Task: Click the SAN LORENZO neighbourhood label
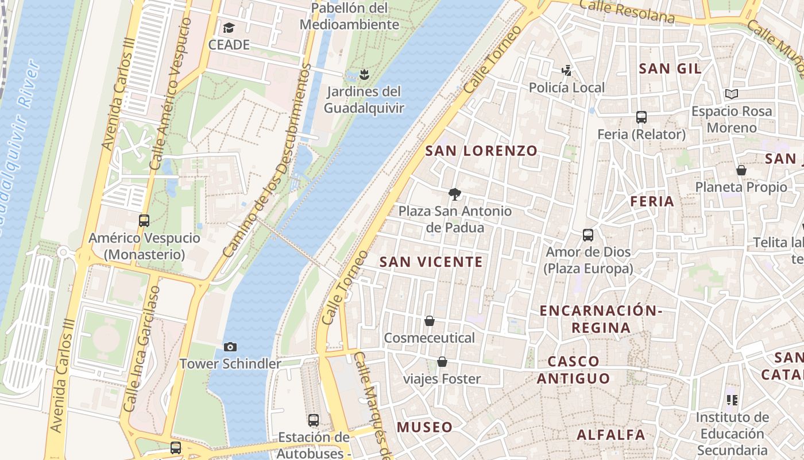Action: [481, 151]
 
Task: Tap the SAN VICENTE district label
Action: [431, 262]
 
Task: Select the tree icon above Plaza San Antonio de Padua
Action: [455, 194]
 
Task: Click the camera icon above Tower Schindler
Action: [230, 347]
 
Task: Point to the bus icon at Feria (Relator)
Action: [641, 117]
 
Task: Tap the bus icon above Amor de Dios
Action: [588, 235]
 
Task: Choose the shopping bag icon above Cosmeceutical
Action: [430, 321]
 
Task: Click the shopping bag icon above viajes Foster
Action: [442, 362]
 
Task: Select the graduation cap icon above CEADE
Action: [229, 28]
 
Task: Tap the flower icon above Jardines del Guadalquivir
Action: [364, 74]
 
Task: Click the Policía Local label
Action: [567, 88]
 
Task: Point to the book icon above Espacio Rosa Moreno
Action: [731, 94]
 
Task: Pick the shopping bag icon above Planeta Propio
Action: [741, 170]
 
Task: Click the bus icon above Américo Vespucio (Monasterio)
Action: [144, 220]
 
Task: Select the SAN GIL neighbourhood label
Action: [670, 68]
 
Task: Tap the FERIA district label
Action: [652, 201]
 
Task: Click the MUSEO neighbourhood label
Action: [425, 427]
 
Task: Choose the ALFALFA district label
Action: [611, 435]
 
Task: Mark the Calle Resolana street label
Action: [627, 11]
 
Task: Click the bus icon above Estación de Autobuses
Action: [314, 420]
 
